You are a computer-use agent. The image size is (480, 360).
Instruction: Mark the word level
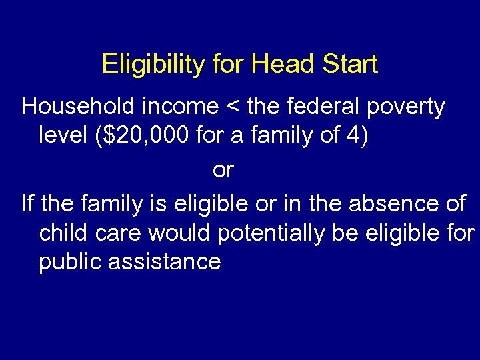pos(63,136)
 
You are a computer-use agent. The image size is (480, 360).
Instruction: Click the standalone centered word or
pos(223,171)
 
